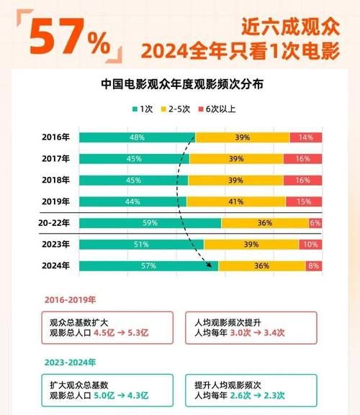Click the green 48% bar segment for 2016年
pyautogui.click(x=137, y=137)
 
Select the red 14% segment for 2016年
pyautogui.click(x=305, y=137)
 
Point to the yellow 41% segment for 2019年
pyautogui.click(x=236, y=202)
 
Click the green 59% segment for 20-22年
pyautogui.click(x=150, y=223)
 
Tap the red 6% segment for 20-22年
pyautogui.click(x=315, y=223)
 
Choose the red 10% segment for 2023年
pyautogui.click(x=310, y=245)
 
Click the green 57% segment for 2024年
pyautogui.click(x=148, y=266)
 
